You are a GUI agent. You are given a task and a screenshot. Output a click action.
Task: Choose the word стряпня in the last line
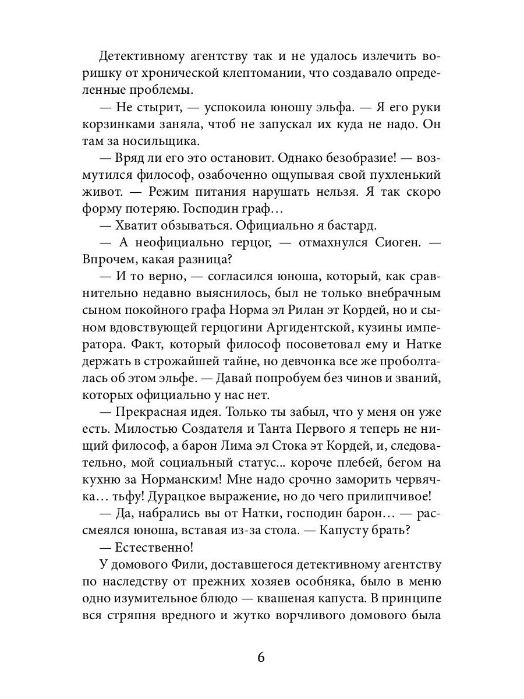pos(133,615)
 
